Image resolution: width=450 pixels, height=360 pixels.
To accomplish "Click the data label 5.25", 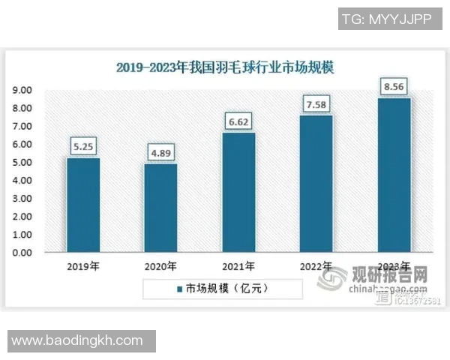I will pyautogui.click(x=83, y=147).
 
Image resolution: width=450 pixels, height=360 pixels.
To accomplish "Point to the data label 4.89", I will pyautogui.click(x=161, y=154).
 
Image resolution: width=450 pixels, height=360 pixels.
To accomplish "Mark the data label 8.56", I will pyautogui.click(x=394, y=87).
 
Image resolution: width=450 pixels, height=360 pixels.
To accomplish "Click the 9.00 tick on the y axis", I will pyautogui.click(x=22, y=91).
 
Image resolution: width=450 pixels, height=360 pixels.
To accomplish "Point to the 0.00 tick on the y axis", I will pyautogui.click(x=22, y=253).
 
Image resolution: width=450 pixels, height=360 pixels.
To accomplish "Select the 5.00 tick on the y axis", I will pyautogui.click(x=22, y=163).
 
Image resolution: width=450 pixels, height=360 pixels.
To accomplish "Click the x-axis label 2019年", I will pyautogui.click(x=83, y=266).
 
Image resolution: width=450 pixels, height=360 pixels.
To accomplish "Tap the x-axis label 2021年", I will pyautogui.click(x=239, y=266).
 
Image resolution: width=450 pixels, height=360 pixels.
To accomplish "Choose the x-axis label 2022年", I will pyautogui.click(x=316, y=266).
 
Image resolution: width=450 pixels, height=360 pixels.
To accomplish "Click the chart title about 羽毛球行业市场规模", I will pyautogui.click(x=225, y=67).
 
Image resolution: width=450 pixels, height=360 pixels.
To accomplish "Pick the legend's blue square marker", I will pyautogui.click(x=180, y=288).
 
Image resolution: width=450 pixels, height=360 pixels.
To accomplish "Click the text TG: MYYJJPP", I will pyautogui.click(x=385, y=20).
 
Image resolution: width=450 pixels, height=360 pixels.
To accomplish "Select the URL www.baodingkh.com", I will pyautogui.click(x=77, y=340).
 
